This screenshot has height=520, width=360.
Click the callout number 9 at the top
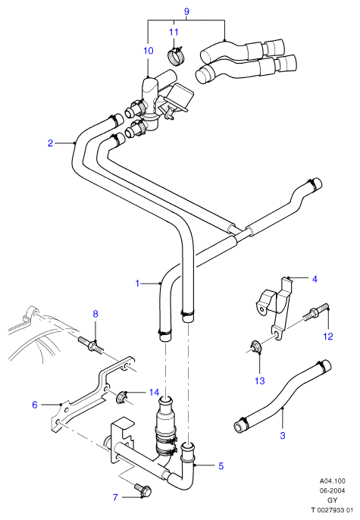coord(186,11)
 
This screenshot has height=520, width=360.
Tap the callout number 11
coord(174,32)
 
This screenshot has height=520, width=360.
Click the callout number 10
coord(149,50)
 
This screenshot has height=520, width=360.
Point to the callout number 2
coord(50,143)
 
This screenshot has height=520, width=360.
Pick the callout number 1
coord(138,283)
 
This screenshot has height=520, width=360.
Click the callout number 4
coord(315,279)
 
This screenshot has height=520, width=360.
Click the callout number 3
coord(283,435)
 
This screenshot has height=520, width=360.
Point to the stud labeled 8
coord(91,344)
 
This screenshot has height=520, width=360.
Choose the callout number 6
coord(35,405)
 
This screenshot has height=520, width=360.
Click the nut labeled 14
coord(121,397)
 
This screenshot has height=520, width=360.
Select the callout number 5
coord(221,465)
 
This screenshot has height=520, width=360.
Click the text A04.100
coord(332,481)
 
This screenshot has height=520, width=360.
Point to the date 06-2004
coord(333,490)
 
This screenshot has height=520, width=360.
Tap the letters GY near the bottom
coord(333,500)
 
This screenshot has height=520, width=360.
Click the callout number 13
coord(260,381)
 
